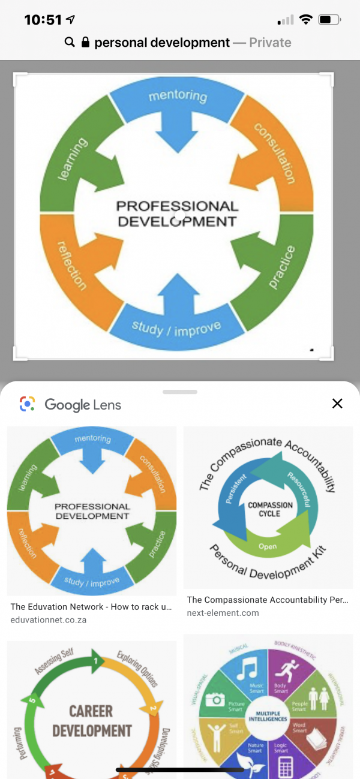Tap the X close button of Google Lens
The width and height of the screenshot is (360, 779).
tap(337, 404)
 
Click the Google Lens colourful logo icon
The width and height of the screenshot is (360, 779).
tap(27, 404)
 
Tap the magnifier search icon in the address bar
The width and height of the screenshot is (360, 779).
tap(70, 43)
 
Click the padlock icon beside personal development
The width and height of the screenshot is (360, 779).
tap(85, 43)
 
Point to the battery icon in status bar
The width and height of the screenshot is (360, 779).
tap(329, 20)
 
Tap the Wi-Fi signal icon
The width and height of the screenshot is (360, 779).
tap(305, 20)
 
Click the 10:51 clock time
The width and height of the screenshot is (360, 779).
tap(43, 20)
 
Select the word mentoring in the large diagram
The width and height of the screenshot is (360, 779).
tap(178, 95)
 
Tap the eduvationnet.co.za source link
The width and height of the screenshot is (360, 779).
tap(49, 619)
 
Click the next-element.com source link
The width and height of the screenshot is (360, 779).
tap(223, 612)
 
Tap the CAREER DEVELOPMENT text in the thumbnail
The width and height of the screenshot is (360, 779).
tap(92, 721)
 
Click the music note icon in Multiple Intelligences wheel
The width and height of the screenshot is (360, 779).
tap(247, 669)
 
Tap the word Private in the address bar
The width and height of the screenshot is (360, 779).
tap(270, 43)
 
